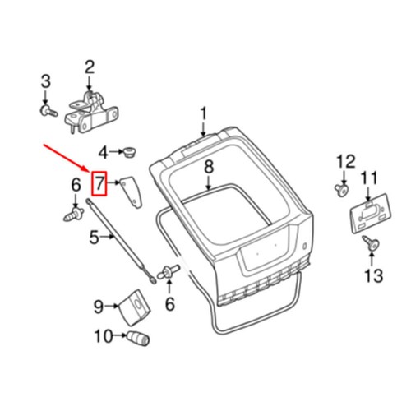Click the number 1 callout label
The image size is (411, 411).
[x=204, y=113]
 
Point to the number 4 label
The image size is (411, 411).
[x=104, y=152]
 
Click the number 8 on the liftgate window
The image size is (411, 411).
[x=209, y=167]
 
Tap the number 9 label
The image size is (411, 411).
[x=98, y=307]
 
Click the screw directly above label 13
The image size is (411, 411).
[x=369, y=242]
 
